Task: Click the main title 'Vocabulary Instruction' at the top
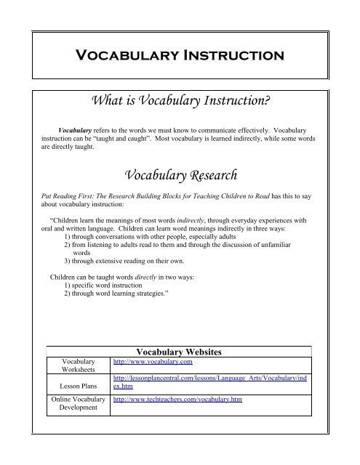pyautogui.click(x=179, y=54)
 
